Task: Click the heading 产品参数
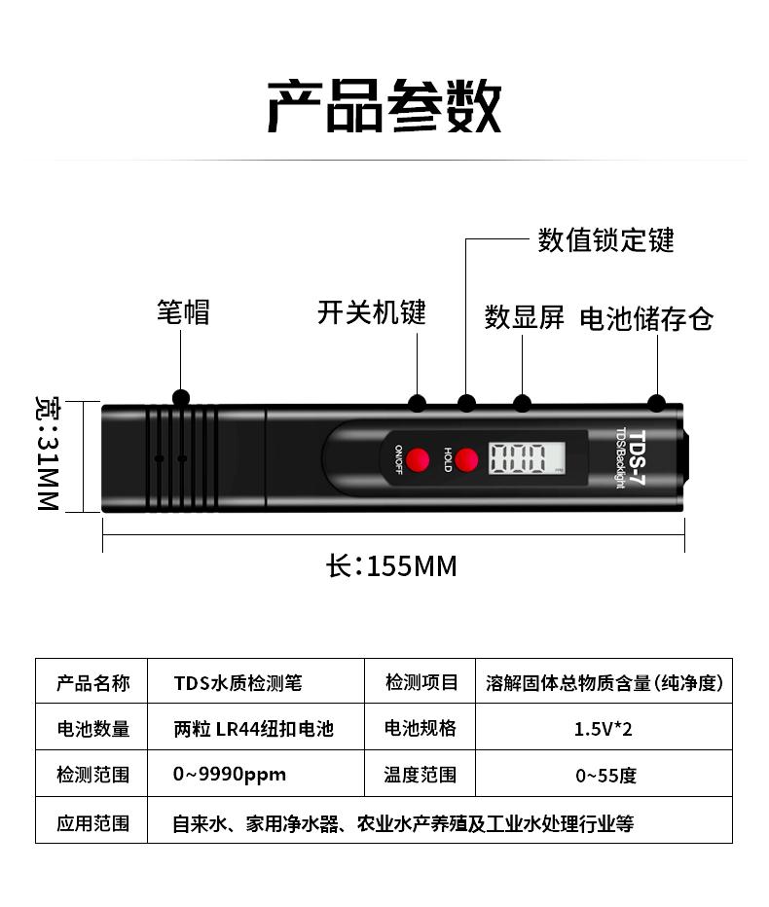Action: pyautogui.click(x=384, y=106)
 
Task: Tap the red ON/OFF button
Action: pyautogui.click(x=419, y=458)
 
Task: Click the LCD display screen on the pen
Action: pyautogui.click(x=527, y=457)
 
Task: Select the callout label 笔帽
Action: pyautogui.click(x=183, y=312)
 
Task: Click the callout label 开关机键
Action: pyautogui.click(x=372, y=312)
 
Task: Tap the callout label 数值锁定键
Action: pyautogui.click(x=605, y=239)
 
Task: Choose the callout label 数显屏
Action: pyautogui.click(x=525, y=317)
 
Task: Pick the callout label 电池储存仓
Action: pyautogui.click(x=646, y=318)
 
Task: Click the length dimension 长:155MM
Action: pyautogui.click(x=391, y=565)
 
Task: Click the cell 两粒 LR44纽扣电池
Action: pyautogui.click(x=253, y=729)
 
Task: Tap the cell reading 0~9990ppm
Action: pyautogui.click(x=230, y=776)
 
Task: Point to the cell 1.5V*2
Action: pyautogui.click(x=604, y=729)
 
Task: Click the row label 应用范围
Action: pyautogui.click(x=92, y=823)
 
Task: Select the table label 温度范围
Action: pyautogui.click(x=421, y=776)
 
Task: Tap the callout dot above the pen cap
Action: pyautogui.click(x=181, y=398)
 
